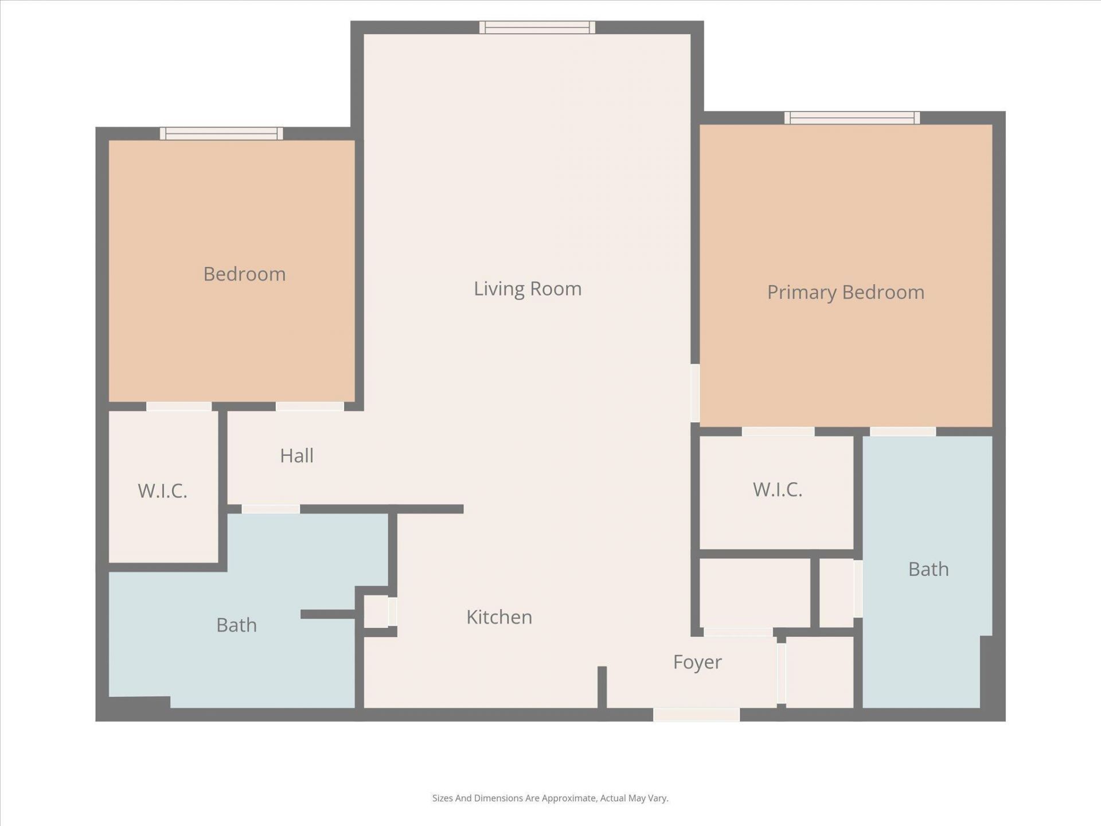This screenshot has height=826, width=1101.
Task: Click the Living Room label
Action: pos(528,289)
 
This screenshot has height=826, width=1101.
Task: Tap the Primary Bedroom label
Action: pos(845,293)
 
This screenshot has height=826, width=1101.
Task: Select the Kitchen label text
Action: pos(499,617)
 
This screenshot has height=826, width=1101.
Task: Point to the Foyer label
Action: pos(697,662)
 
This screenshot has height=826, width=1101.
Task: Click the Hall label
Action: pos(296,456)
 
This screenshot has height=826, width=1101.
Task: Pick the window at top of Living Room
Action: pos(537,28)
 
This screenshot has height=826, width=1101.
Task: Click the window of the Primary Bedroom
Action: pos(852,118)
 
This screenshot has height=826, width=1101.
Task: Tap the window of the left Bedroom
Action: pos(221,134)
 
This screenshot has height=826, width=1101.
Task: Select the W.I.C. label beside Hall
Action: pos(162,491)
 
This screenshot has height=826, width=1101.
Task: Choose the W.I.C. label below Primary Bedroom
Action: pos(777,489)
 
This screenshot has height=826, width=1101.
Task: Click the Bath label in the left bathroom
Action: pos(236,625)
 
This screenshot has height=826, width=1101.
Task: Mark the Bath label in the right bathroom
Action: pos(928,570)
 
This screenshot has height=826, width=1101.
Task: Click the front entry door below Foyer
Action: pos(696,715)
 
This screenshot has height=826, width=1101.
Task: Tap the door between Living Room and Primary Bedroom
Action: pos(695,393)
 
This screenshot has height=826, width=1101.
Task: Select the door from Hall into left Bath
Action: pos(271,509)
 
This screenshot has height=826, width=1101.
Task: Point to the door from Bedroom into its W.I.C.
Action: pos(179,406)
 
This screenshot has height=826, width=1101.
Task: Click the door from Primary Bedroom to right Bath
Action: pos(903,431)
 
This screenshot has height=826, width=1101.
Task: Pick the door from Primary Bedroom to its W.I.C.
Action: pos(778,431)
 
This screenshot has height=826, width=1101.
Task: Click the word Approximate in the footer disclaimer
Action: pos(569,798)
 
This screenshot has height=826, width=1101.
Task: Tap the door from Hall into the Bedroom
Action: pos(310,406)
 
